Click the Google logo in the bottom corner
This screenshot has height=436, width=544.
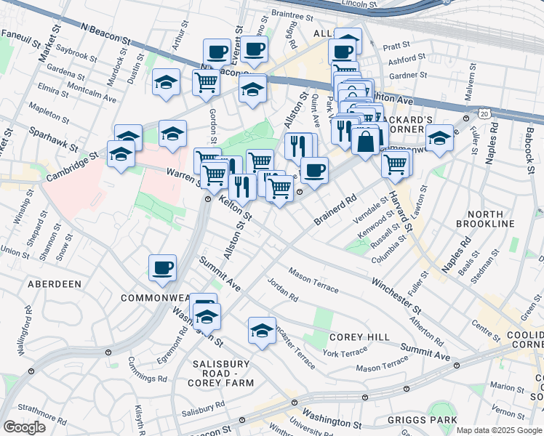(23, 427)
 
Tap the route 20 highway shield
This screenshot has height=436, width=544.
(484, 113)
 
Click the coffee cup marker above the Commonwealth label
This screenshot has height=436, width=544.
(162, 267)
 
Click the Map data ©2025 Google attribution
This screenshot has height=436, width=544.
(499, 430)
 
